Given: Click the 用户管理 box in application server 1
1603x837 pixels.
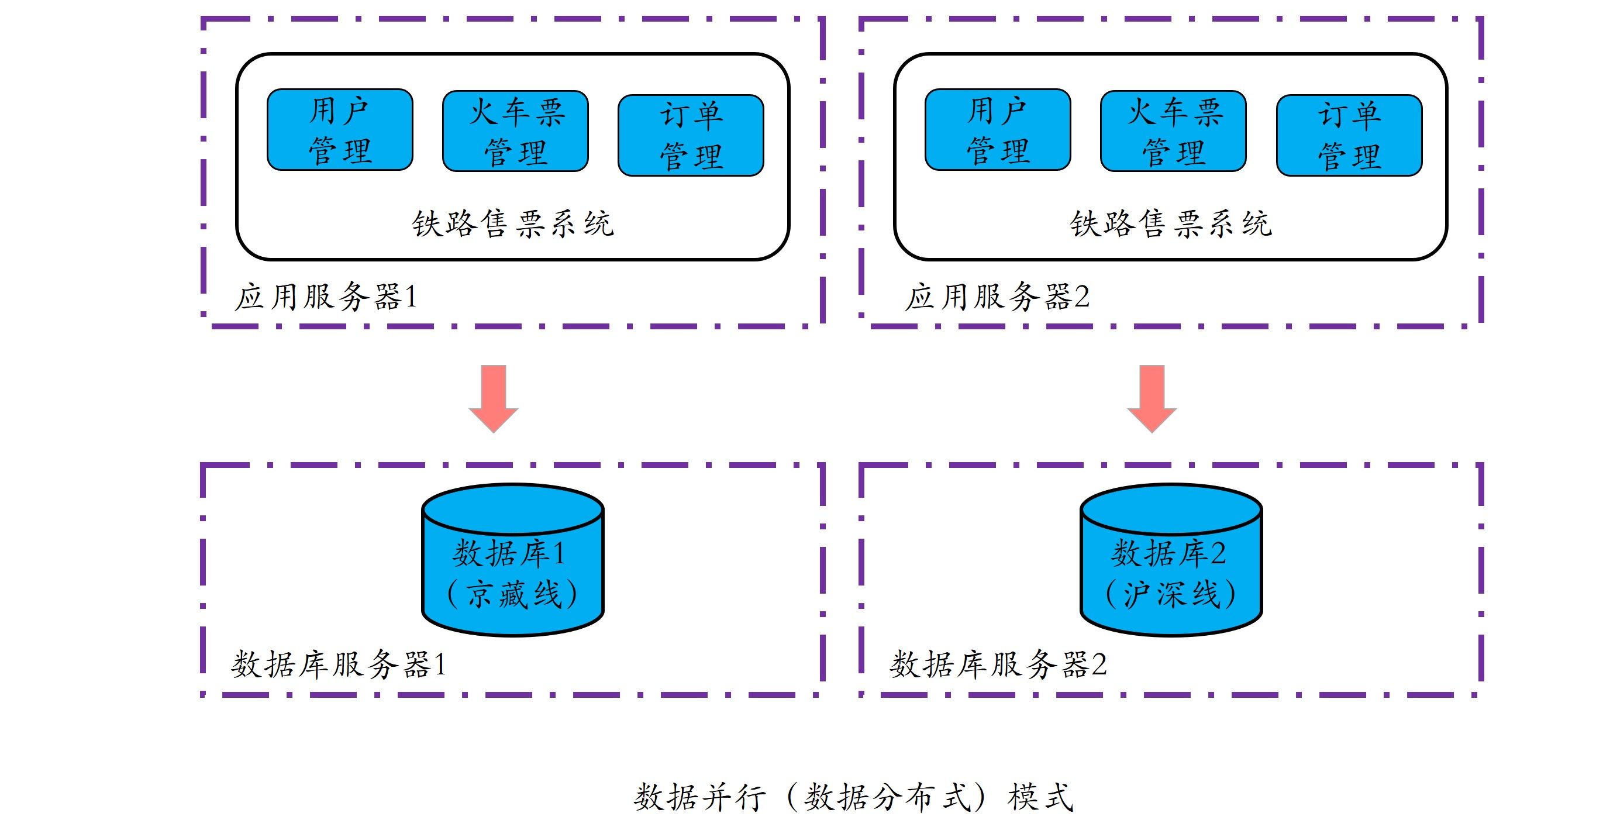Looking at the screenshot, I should point(340,129).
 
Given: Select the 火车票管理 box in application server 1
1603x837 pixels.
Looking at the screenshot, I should point(515,130).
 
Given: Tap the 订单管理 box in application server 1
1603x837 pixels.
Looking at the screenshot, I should point(691,135).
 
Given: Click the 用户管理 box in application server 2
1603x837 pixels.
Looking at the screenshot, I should point(998,129).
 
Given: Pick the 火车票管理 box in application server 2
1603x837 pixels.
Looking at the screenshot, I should point(1173,130).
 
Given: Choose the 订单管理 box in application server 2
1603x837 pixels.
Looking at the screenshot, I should point(1349,135).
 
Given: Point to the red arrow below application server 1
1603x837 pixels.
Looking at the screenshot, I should point(494,398).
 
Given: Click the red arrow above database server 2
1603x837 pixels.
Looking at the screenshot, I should point(1152,398).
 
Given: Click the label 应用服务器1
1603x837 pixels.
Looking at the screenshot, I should point(325,297).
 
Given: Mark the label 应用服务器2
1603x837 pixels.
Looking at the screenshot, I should point(997,297).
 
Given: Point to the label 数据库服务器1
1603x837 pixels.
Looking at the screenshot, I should point(339,664).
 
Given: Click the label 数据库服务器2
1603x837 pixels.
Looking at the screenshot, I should point(998,664).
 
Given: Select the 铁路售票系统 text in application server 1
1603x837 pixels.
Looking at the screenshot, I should point(513,223).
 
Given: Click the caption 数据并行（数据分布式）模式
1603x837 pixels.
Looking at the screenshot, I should point(854,797).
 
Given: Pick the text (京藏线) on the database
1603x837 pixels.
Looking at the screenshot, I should point(512,594).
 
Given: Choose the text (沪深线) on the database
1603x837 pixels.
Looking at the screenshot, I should point(1170,594).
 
